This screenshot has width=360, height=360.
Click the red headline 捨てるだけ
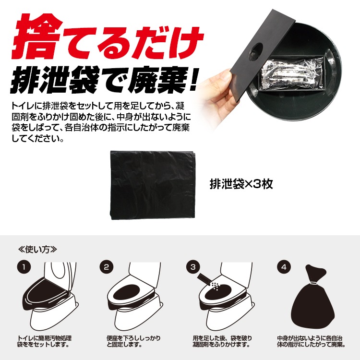pos(108,37)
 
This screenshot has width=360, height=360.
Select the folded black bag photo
pos(153,185)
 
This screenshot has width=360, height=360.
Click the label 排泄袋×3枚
pos(241,184)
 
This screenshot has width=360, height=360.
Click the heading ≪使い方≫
pos(37,249)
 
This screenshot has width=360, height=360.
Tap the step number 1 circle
pos(24,267)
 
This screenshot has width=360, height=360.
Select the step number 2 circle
pos(106,267)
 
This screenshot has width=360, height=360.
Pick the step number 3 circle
pos(193,267)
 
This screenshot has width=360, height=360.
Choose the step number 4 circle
pos(284,267)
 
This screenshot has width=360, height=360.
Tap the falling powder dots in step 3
pos(216,286)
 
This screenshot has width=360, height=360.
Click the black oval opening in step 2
pos(126,291)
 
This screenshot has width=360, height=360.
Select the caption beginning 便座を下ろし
pos(133,341)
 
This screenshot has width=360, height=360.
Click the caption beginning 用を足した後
pos(222,341)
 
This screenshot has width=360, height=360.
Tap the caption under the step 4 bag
pos(311,341)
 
